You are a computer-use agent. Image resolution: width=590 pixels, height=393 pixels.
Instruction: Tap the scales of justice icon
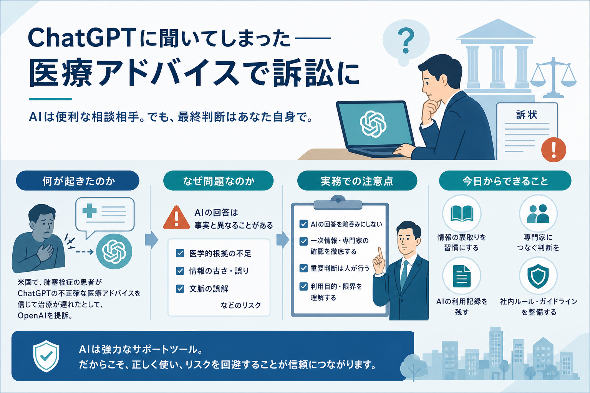click(553, 78)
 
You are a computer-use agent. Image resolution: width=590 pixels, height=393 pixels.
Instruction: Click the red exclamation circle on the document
click(554, 150)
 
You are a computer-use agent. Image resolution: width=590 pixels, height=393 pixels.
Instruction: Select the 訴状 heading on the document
click(527, 115)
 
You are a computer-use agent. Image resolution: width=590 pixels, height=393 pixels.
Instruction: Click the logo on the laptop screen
click(373, 124)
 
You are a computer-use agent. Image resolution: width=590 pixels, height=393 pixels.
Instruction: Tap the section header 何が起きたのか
click(78, 181)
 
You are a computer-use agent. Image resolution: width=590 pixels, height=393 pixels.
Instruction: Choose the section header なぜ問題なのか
click(218, 181)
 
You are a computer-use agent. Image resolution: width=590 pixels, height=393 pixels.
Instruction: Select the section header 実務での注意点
click(357, 181)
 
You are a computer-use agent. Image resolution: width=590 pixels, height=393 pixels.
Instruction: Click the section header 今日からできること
click(505, 181)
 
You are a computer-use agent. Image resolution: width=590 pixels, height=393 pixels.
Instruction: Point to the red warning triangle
click(176, 218)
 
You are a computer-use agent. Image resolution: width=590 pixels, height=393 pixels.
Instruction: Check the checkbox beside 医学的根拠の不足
click(180, 253)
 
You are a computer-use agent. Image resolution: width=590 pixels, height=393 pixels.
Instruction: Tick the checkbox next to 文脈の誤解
click(180, 289)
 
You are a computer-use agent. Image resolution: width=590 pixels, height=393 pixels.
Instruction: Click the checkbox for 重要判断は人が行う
click(303, 268)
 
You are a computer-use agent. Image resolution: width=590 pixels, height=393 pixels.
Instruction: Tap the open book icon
click(462, 213)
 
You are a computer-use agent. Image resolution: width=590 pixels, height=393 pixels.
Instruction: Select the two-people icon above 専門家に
click(538, 213)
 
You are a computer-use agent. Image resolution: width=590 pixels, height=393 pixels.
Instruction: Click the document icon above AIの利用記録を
click(462, 276)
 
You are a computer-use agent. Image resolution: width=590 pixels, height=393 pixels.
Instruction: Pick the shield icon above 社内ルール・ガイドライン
click(538, 276)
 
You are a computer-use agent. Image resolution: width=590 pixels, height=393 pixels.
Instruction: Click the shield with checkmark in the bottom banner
click(46, 356)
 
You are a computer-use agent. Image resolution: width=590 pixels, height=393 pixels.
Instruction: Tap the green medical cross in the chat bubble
click(89, 211)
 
